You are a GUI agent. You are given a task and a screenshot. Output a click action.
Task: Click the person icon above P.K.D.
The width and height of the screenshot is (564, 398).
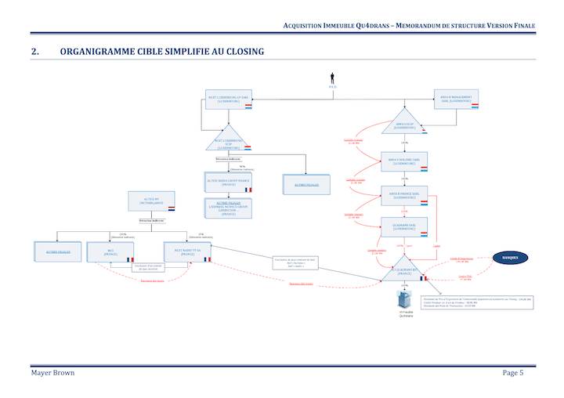[332, 78]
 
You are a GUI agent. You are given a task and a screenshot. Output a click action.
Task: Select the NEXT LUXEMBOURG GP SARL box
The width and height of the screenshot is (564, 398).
[228, 99]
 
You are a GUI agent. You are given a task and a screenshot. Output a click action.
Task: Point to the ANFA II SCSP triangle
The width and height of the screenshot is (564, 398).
[405, 125]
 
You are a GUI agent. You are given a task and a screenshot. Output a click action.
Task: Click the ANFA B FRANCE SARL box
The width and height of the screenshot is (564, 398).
[404, 194]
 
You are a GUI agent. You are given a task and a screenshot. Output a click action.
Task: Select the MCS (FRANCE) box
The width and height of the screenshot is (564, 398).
[110, 252]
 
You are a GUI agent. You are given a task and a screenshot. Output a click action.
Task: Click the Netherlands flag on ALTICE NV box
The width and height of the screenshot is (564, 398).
[170, 209]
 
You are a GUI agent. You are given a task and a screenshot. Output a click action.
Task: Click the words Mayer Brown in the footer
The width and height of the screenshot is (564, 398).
[53, 372]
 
